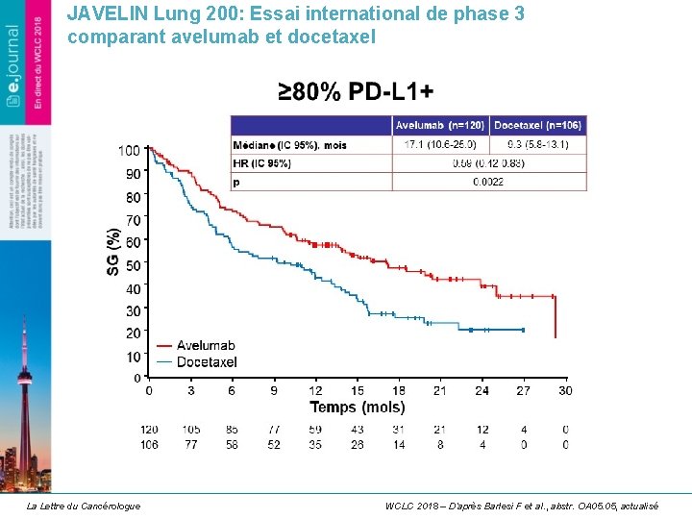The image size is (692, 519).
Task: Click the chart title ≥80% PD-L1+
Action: click(356, 91)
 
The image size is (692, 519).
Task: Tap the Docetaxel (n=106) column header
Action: click(538, 125)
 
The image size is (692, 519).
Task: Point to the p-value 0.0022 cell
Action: click(489, 182)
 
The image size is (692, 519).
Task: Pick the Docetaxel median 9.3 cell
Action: click(538, 144)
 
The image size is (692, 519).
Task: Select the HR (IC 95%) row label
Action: click(261, 163)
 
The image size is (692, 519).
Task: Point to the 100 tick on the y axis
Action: click(129, 150)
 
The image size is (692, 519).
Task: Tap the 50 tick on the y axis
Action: click(133, 264)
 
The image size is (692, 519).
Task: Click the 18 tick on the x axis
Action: click(399, 390)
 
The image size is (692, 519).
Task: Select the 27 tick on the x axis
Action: click(523, 390)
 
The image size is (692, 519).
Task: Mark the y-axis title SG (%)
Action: click(113, 254)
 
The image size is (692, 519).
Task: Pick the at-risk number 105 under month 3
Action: click(190, 429)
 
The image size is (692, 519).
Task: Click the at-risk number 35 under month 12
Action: click(315, 444)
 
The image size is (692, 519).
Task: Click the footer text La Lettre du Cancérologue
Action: click(83, 506)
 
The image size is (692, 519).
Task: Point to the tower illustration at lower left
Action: click(26, 404)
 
